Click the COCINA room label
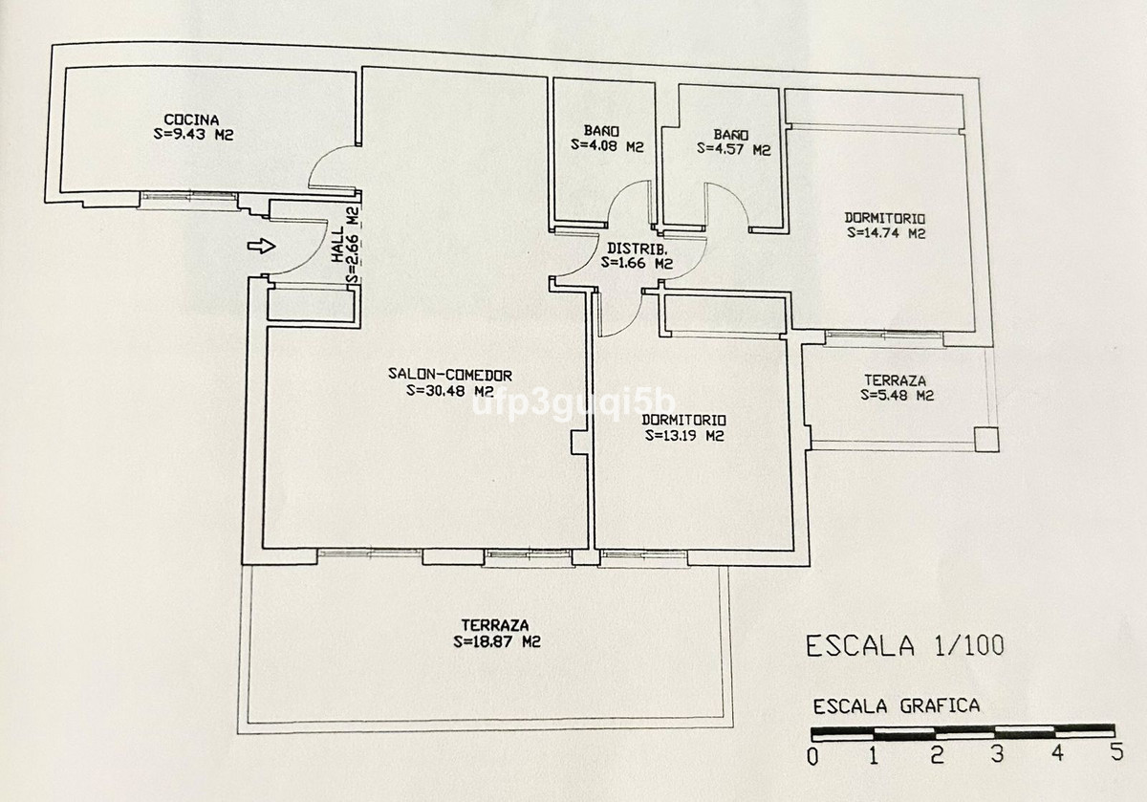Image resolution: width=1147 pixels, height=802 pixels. pyautogui.click(x=185, y=119)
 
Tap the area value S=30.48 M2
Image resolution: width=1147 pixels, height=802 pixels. pyautogui.click(x=448, y=390)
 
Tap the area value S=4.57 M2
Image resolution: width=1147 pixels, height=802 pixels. pyautogui.click(x=733, y=149)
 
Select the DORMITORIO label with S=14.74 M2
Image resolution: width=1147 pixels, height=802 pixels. pyautogui.click(x=885, y=217)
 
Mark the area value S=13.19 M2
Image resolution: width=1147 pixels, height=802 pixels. pyautogui.click(x=683, y=436)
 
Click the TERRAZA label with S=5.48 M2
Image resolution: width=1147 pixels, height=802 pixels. pyautogui.click(x=895, y=379)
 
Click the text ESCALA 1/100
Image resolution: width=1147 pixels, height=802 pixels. pyautogui.click(x=905, y=646)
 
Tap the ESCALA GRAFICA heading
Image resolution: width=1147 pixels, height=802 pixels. pyautogui.click(x=896, y=707)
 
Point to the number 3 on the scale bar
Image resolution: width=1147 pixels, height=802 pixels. pyautogui.click(x=997, y=755)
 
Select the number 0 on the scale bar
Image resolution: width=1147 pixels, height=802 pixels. pyautogui.click(x=812, y=756)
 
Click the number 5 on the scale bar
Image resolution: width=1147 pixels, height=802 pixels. pyautogui.click(x=1114, y=753)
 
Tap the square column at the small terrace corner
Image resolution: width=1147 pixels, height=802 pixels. pyautogui.click(x=986, y=439)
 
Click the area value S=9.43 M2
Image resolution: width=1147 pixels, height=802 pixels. pyautogui.click(x=194, y=135)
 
